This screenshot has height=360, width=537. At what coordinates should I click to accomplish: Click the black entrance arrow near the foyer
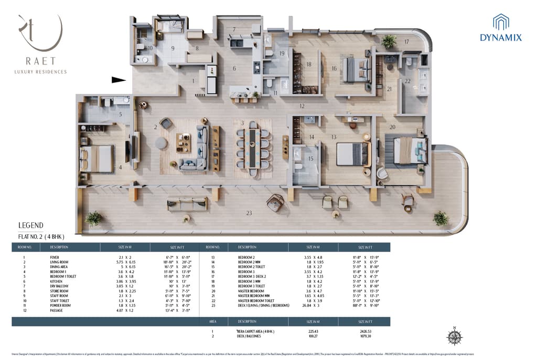click(119, 80)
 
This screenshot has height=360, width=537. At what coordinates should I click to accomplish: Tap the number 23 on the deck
click(249, 213)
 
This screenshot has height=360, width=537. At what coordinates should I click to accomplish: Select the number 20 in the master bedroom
click(392, 126)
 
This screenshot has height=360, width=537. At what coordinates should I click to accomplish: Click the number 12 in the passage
click(302, 106)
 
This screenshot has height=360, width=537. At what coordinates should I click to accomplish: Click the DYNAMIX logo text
click(501, 37)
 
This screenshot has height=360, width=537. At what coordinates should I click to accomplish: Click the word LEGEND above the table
click(30, 226)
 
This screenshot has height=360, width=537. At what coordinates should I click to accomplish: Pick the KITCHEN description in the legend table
click(57, 281)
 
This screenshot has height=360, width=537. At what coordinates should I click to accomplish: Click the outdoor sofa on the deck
click(187, 203)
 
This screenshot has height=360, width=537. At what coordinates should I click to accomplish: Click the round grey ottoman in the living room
click(161, 143)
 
